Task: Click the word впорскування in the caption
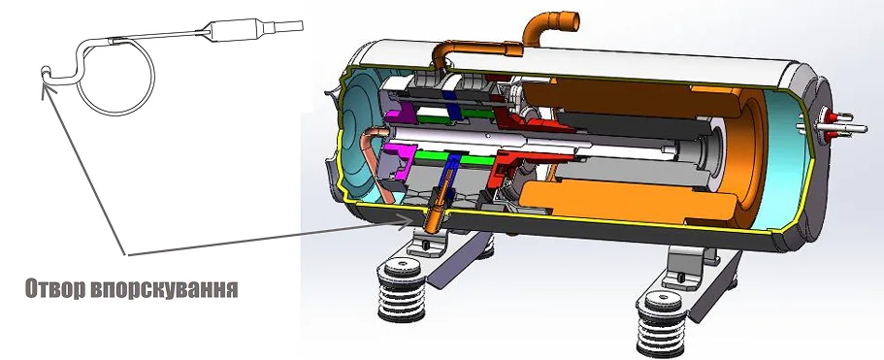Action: pyautogui.click(x=163, y=289)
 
